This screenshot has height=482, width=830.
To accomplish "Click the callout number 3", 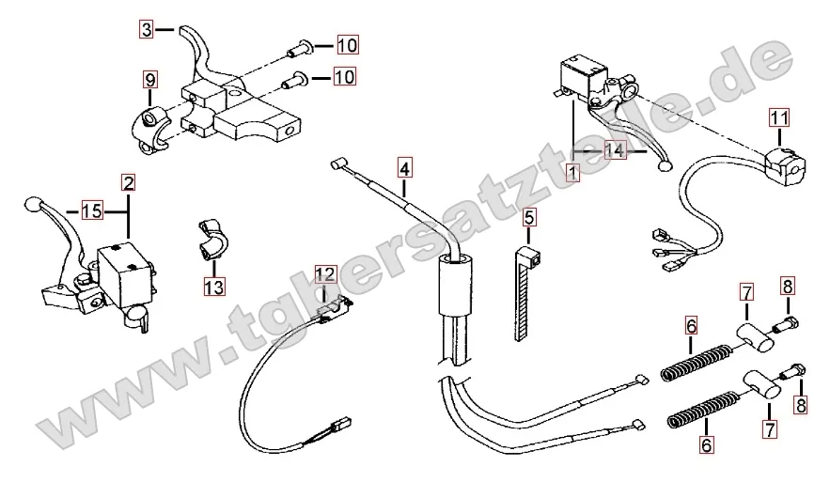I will tap(147, 29).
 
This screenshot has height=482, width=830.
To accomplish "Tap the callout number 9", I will tap(150, 78).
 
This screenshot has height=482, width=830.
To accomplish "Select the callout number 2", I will tap(128, 181).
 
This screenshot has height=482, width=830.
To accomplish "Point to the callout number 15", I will tap(91, 211).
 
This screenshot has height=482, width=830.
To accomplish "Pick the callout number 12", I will tap(324, 274).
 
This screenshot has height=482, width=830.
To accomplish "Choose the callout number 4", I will tap(403, 169).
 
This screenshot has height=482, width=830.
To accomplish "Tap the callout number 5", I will tap(529, 219).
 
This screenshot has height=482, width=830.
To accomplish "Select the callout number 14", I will tap(615, 150).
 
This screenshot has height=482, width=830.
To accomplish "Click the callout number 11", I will tap(778, 117).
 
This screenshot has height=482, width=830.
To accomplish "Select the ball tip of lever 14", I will tap(666, 167).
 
